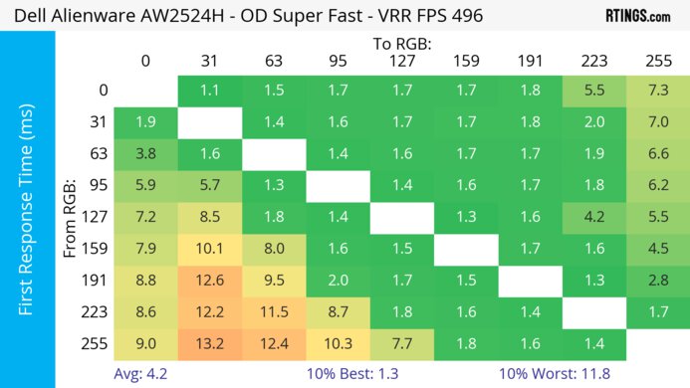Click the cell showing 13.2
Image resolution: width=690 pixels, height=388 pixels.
[209, 345]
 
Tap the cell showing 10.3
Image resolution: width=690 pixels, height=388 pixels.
[338, 345]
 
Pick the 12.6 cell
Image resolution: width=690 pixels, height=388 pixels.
[209, 282]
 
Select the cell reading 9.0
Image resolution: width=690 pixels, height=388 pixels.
[145, 345]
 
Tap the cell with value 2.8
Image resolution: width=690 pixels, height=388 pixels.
[657, 282]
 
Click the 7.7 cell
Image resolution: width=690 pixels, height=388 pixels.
[401, 345]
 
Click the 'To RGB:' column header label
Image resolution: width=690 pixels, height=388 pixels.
[401, 44]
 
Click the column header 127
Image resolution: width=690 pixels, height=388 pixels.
[401, 61]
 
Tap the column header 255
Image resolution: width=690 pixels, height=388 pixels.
[657, 61]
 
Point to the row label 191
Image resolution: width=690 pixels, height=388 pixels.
[97, 282]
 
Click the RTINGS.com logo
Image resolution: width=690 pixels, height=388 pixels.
[636, 16]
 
